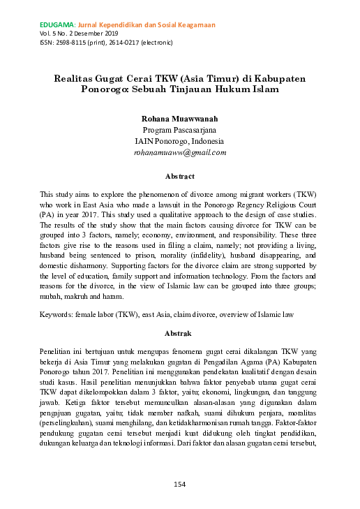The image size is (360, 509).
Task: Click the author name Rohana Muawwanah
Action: click(x=180, y=119)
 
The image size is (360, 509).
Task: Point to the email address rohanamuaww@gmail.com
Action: click(x=180, y=152)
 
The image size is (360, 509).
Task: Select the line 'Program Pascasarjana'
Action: click(x=179, y=130)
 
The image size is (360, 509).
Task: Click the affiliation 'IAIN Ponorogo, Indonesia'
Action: click(x=180, y=140)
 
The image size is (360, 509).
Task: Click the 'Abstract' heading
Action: click(x=179, y=176)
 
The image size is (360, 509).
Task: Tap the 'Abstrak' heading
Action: click(x=179, y=332)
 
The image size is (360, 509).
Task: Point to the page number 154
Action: click(x=180, y=483)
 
